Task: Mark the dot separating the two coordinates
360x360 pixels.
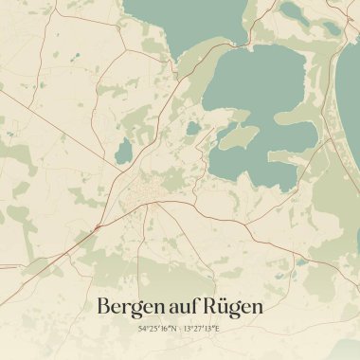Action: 179,329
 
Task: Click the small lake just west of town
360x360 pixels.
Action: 120,175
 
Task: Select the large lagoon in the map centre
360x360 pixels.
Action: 256,104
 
